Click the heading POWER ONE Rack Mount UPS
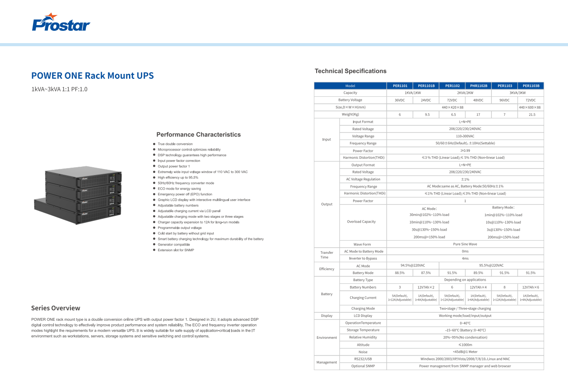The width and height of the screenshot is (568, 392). coord(92,76)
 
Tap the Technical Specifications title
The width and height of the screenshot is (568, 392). coord(350,71)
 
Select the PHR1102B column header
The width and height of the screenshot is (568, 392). coord(478,86)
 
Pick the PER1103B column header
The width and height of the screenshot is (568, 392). coord(531,86)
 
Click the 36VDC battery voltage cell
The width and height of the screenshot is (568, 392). coord(399,100)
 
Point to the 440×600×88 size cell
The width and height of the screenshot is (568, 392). coord(531,107)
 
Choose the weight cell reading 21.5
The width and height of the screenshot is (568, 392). coord(532,115)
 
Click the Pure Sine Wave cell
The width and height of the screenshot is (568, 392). coord(465,244)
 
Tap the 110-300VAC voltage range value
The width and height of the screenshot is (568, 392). coord(465,136)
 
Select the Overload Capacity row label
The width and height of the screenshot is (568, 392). coord(361,222)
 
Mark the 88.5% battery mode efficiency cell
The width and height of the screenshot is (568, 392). coord(399,273)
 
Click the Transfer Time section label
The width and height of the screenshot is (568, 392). coord(327,255)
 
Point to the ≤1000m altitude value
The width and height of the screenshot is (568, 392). coord(465,345)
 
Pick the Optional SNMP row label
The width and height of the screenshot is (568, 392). coord(363,366)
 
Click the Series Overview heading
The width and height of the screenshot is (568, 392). coord(55,308)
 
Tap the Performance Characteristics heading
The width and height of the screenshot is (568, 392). coord(199,135)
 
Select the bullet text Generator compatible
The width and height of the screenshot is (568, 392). coord(174,244)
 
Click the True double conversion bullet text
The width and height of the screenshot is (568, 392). coord(175,144)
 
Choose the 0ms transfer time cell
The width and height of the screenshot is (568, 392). coord(465,251)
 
